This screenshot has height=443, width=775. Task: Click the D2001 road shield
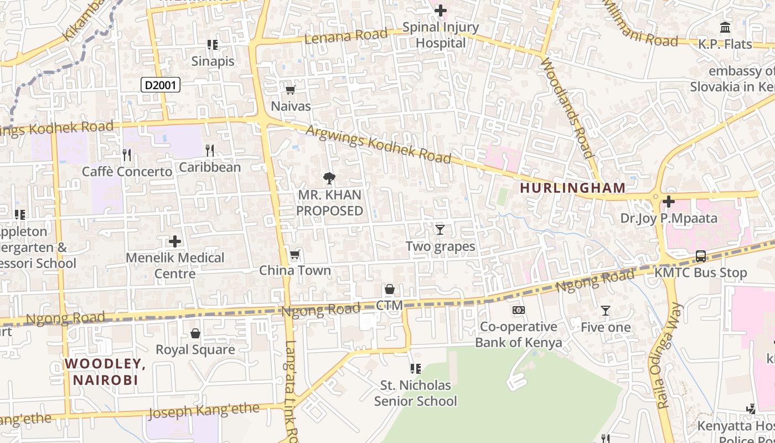pyautogui.click(x=161, y=85)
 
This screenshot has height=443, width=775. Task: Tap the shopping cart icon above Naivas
pyautogui.click(x=290, y=90)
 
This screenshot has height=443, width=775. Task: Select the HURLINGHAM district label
pyautogui.click(x=573, y=188)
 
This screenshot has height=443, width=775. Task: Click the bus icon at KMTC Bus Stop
pyautogui.click(x=700, y=256)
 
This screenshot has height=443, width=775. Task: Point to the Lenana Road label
pyautogui.click(x=346, y=37)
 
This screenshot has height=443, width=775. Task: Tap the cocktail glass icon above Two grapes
pyautogui.click(x=440, y=229)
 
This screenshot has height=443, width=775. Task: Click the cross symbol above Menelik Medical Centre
pyautogui.click(x=175, y=241)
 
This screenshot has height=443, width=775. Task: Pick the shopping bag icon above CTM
pyautogui.click(x=390, y=289)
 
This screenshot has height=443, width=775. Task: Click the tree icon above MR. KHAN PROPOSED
pyautogui.click(x=329, y=178)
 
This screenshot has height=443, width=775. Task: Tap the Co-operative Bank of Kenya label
pyautogui.click(x=519, y=334)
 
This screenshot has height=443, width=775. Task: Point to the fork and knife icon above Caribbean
pyautogui.click(x=210, y=151)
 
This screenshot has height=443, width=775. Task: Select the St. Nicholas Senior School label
pyautogui.click(x=415, y=393)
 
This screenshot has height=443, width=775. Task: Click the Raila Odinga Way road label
pyautogui.click(x=670, y=355)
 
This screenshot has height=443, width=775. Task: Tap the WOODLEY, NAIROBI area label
pyautogui.click(x=105, y=372)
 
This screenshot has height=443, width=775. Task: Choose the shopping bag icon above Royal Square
pyautogui.click(x=195, y=333)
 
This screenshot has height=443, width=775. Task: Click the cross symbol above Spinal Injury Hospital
pyautogui.click(x=441, y=11)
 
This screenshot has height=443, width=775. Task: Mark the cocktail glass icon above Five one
pyautogui.click(x=606, y=311)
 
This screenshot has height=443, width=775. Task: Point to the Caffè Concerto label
pyautogui.click(x=127, y=172)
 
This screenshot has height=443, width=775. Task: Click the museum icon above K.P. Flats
pyautogui.click(x=725, y=27)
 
